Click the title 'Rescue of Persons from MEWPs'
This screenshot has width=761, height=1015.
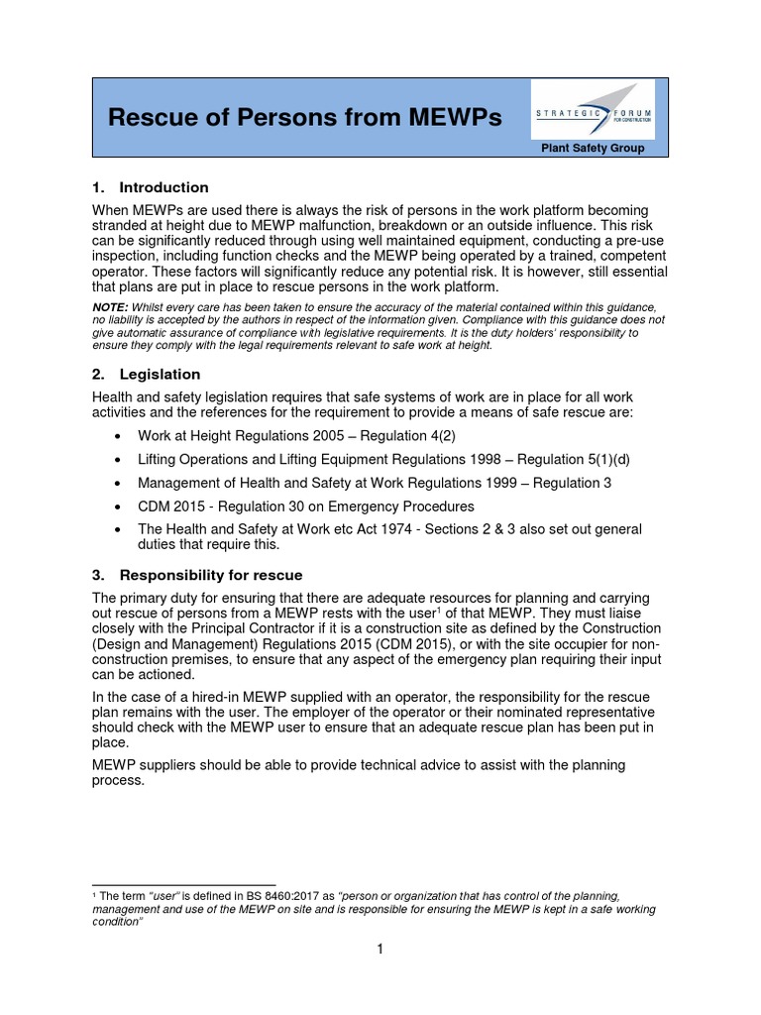[x=304, y=119]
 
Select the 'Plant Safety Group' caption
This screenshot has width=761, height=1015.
[x=593, y=149]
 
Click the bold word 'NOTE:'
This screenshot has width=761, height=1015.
[x=110, y=308]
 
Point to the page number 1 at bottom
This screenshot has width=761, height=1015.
[x=380, y=949]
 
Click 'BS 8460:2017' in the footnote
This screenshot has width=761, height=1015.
[x=296, y=895]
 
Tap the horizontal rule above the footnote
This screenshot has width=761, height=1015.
[x=183, y=884]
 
